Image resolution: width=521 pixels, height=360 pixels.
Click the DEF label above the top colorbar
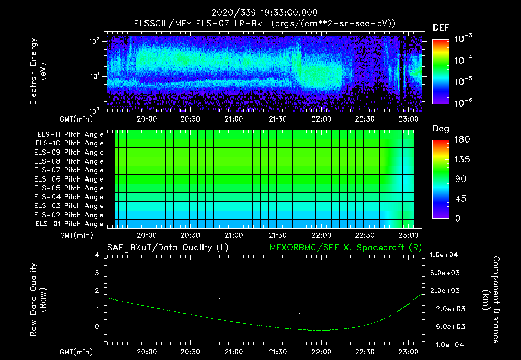[x=441, y=27]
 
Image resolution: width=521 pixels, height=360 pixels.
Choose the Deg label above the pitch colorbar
[x=441, y=129]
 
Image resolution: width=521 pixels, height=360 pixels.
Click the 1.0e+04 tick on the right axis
[x=445, y=255]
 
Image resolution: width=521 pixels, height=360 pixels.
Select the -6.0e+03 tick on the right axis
[x=445, y=326]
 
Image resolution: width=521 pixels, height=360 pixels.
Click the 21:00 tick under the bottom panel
[x=234, y=351]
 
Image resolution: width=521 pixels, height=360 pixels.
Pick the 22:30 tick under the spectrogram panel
[x=365, y=118]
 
